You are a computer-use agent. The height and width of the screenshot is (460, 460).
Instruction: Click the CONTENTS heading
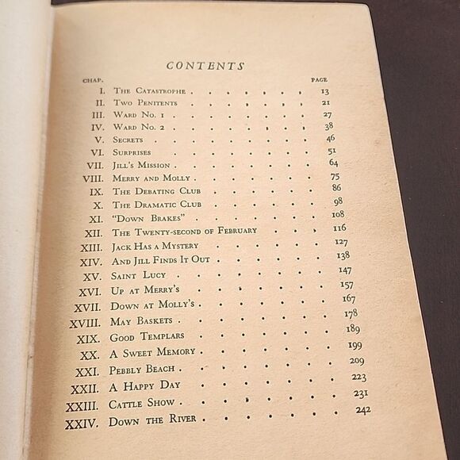206,66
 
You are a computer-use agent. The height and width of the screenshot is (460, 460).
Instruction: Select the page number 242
362,409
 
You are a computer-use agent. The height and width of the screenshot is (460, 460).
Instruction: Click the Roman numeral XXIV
82,423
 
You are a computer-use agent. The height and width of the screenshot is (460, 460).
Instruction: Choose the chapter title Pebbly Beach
142,370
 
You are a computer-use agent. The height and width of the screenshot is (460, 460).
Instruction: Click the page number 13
325,92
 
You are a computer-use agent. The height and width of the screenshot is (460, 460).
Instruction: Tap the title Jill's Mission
140,165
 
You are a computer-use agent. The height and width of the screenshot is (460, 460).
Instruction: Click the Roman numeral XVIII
85,323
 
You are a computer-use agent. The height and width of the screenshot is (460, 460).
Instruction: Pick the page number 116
339,228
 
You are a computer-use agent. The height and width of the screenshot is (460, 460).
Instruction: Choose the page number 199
355,345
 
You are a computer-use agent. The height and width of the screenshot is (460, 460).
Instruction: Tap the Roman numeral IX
97,191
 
